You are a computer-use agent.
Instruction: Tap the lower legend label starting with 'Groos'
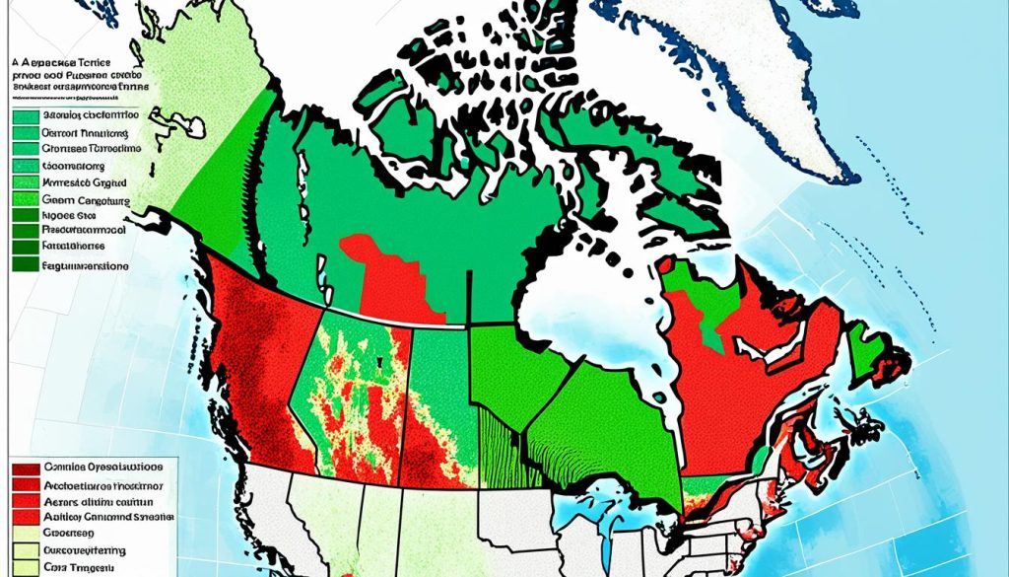point(74,534)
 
